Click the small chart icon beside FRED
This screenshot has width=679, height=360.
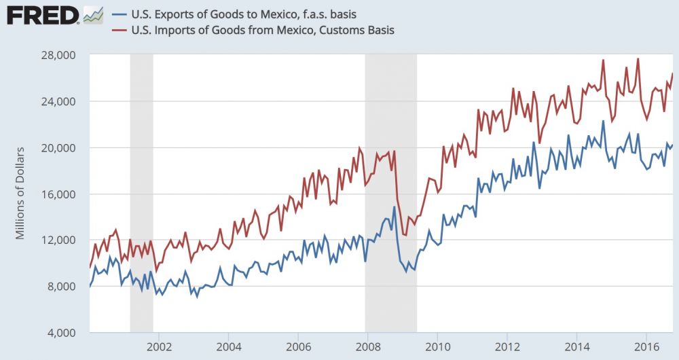point(92,14)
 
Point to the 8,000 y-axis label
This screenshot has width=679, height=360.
point(62,286)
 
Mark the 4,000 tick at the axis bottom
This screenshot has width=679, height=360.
point(62,332)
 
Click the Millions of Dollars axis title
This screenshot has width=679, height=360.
point(20,194)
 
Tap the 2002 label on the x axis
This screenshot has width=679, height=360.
point(159,346)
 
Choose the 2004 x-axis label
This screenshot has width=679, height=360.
point(229,346)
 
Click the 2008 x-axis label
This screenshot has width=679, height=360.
point(367,346)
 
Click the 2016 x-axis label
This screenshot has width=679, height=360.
point(646,346)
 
